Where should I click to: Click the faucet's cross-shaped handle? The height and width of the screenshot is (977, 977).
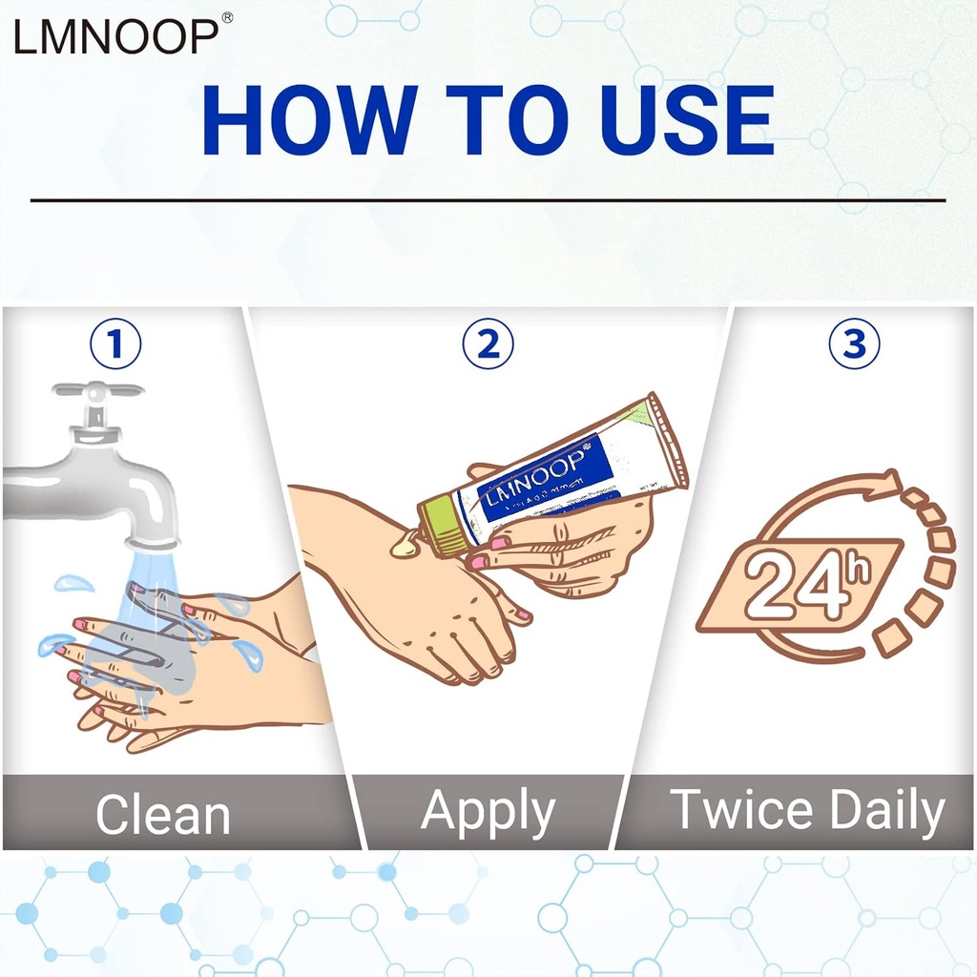click(97, 391)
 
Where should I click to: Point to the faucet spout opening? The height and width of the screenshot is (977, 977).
click(152, 541)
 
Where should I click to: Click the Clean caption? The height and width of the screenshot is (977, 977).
click(163, 815)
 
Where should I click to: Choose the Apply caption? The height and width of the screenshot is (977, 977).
click(488, 813)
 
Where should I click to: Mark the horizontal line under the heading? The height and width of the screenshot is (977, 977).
click(488, 200)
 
